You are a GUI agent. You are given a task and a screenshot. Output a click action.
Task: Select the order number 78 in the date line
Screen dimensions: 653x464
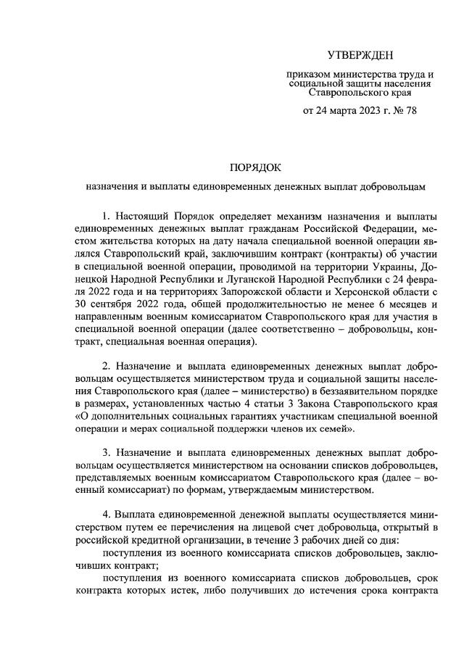(410, 110)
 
